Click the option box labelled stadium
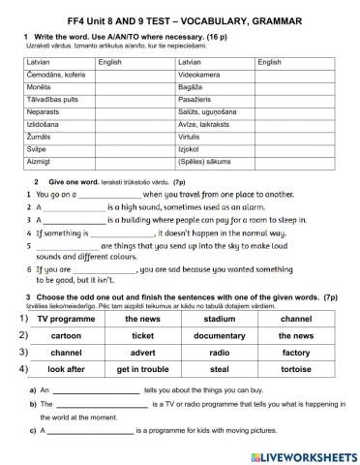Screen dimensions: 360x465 pyautogui.click(x=220, y=319)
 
